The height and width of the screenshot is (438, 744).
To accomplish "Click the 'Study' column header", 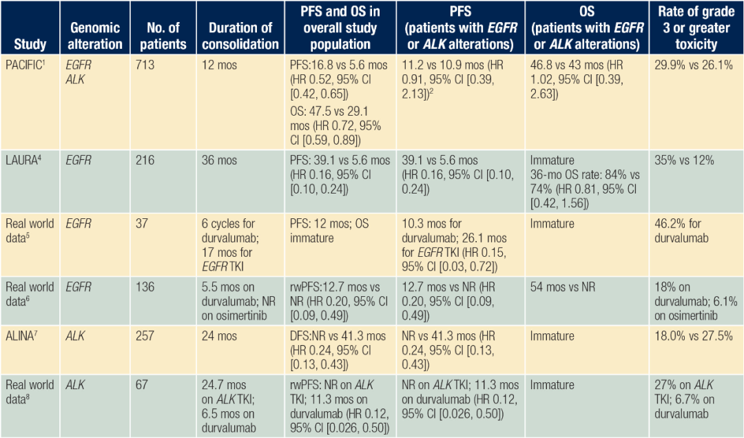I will (30, 45).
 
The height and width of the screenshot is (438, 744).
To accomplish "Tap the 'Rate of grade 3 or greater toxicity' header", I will (696, 28).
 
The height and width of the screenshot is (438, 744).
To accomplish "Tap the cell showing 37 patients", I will (145, 224).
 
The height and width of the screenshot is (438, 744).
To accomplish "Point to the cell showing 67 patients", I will (145, 384).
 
